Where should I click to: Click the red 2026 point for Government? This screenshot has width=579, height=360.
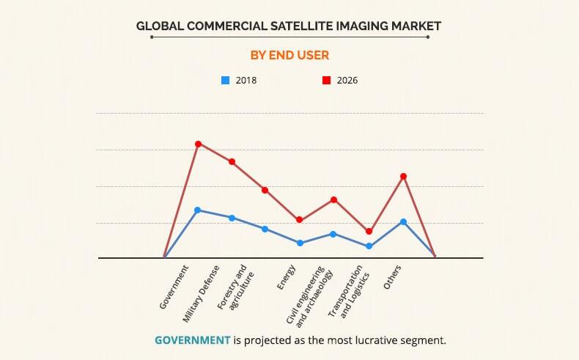point(198,144)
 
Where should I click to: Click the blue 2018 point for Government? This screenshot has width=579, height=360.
point(198,210)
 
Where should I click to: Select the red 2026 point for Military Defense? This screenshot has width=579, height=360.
point(232,161)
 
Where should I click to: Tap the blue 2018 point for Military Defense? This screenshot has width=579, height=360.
point(232,218)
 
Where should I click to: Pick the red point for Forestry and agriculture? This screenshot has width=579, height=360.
point(265,190)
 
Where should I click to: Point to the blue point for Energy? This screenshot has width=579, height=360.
point(300,243)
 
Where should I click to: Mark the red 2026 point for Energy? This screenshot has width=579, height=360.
point(300,220)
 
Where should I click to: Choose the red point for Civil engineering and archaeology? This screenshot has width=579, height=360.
point(334,199)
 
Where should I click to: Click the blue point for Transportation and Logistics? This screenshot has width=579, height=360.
point(369,246)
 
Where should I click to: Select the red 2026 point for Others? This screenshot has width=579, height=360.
point(403,176)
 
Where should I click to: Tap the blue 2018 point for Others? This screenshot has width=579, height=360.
point(403,221)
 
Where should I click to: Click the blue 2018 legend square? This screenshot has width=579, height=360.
point(225,80)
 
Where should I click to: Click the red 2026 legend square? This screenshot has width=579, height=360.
point(326,80)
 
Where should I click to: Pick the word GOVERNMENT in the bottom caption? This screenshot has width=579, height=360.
point(192,340)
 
